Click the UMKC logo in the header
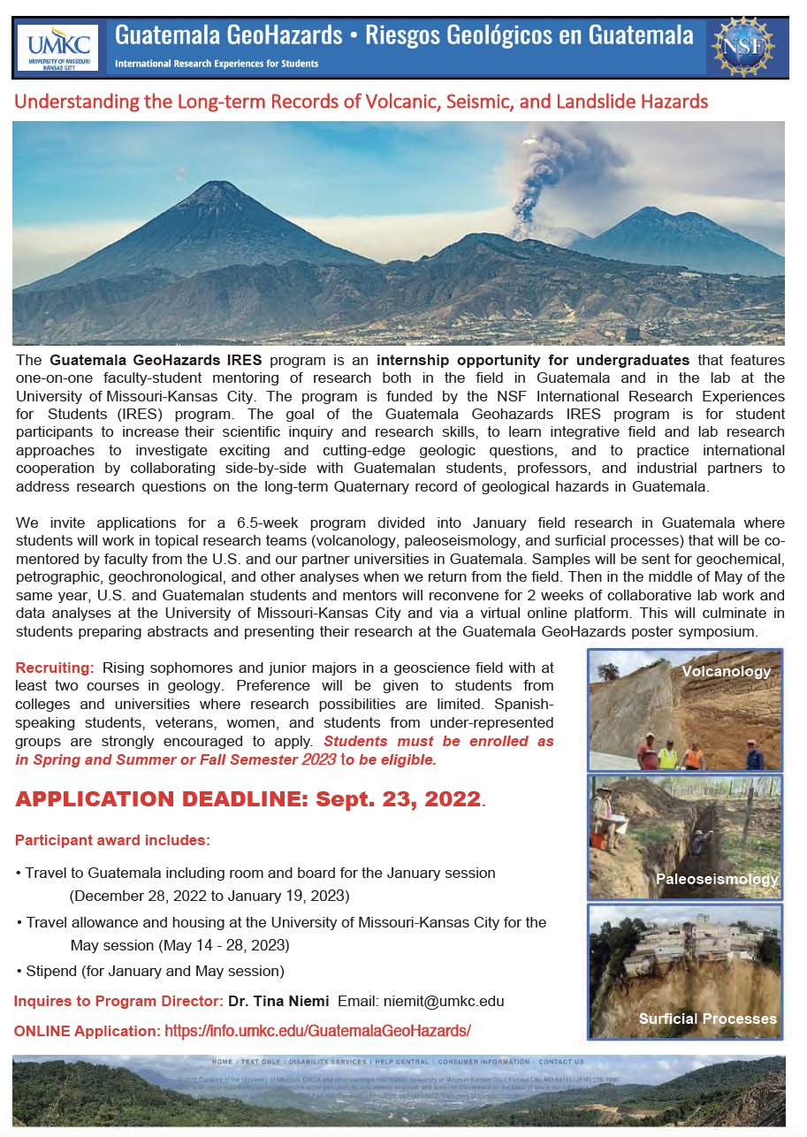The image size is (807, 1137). pos(57,47)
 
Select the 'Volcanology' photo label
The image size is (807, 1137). pos(726,671)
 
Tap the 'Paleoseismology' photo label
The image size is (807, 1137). pos(717,878)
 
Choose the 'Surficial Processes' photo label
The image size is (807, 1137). pos(708,1019)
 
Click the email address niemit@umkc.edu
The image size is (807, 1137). pos(444,1002)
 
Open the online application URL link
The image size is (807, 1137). pos(317,1031)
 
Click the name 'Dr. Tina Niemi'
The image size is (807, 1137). pos(278,1002)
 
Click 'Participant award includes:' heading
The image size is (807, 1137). pos(112,839)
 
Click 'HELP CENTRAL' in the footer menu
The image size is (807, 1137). pos(401,1061)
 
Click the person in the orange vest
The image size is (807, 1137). pos(694,754)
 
